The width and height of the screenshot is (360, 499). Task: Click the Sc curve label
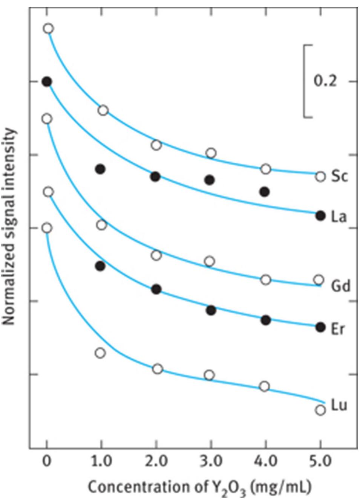click(339, 176)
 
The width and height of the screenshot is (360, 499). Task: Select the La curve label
click(339, 217)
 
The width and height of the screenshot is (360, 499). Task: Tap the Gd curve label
click(340, 286)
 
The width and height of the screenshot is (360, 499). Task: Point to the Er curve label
click(338, 329)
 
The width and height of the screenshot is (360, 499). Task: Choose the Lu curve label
click(339, 405)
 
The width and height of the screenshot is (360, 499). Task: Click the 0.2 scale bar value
click(325, 81)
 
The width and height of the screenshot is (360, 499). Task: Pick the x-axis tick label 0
click(46, 462)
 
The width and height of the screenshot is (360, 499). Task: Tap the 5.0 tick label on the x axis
click(320, 462)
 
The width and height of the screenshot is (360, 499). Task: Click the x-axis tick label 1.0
click(101, 462)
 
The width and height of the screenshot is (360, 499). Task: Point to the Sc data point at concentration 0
click(48, 29)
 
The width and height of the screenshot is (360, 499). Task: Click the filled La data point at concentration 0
click(47, 81)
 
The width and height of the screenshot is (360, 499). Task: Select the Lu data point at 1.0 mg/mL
click(100, 353)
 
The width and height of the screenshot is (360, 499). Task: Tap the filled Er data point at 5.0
click(320, 327)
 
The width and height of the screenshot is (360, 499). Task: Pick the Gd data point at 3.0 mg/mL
click(209, 261)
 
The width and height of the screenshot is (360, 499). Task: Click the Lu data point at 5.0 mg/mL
click(320, 410)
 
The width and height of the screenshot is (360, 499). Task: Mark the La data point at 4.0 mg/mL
click(265, 192)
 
